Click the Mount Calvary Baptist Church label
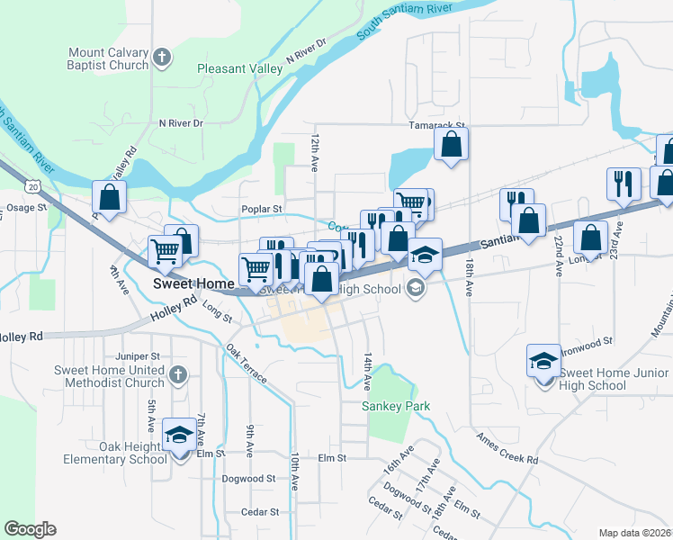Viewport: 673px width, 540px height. [108, 59]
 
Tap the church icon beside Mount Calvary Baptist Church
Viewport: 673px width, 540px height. [162, 59]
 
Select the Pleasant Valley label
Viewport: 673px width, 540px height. [238, 67]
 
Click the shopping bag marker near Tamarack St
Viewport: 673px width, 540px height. [451, 144]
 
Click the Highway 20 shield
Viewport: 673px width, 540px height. [33, 185]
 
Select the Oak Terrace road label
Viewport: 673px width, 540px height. [247, 364]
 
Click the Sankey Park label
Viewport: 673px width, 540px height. [396, 406]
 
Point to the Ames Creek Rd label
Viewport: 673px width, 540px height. [507, 447]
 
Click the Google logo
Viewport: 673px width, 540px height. [30, 528]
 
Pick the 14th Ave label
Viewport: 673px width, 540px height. [368, 371]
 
